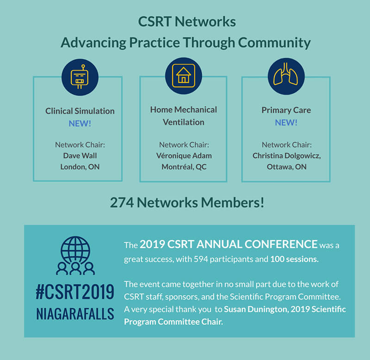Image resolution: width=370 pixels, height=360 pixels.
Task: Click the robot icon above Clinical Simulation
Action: (80, 77)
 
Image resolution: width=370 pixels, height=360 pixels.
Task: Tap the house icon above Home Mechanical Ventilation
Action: (184, 76)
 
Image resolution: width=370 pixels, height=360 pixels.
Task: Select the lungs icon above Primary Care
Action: (286, 74)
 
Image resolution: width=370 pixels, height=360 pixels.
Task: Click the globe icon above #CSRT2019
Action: (75, 251)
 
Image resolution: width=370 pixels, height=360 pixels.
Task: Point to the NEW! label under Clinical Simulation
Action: (80, 124)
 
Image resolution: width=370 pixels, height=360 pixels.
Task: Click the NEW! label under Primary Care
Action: (286, 123)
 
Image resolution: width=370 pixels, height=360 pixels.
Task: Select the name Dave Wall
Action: (80, 155)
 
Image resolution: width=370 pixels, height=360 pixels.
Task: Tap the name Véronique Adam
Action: (184, 155)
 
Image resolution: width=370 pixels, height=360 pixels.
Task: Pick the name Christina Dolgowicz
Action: (286, 156)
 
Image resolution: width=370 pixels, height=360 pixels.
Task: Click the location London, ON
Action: (80, 167)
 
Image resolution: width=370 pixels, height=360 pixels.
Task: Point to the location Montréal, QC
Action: (184, 167)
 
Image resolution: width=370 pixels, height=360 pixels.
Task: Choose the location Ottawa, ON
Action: (286, 167)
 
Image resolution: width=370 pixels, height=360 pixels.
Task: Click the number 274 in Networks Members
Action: (122, 203)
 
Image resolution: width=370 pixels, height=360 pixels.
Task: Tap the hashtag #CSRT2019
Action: (75, 292)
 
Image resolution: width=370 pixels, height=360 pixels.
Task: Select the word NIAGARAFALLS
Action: (75, 314)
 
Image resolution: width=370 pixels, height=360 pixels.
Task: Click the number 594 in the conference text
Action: (201, 259)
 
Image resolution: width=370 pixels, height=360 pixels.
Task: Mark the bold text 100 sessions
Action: (294, 259)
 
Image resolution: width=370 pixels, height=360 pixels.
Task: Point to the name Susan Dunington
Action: (256, 309)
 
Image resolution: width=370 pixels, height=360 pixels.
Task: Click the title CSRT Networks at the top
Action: (187, 22)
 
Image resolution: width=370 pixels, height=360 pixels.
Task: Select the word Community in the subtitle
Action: (274, 43)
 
